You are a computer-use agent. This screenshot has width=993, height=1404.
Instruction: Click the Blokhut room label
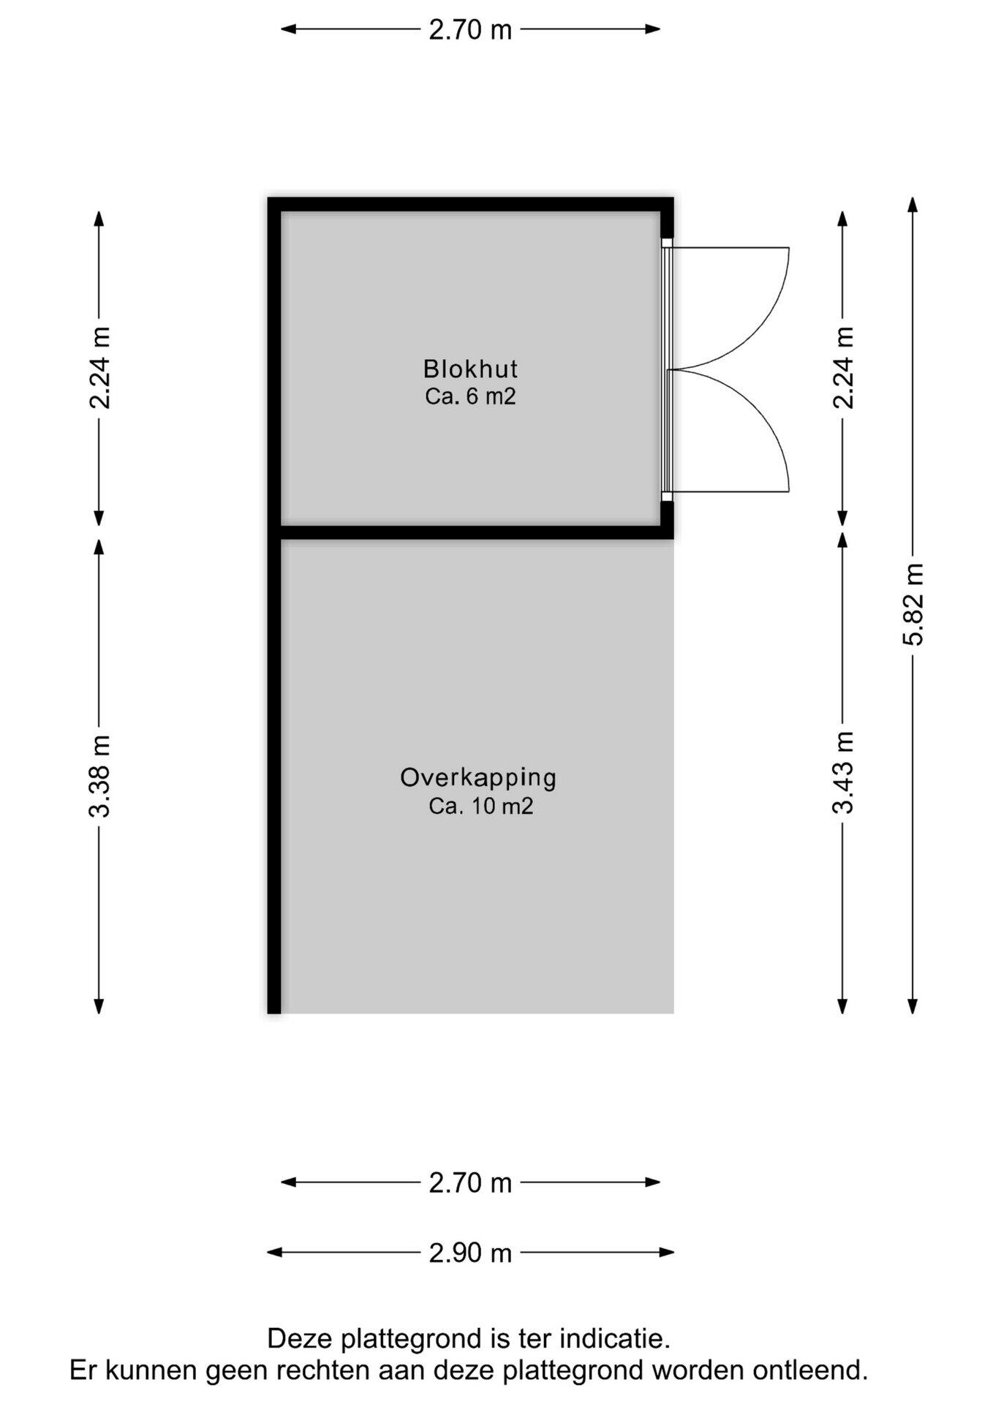(x=470, y=368)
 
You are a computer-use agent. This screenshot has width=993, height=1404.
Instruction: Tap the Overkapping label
(x=478, y=777)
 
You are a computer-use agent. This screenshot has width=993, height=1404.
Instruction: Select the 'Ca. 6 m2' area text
(x=470, y=396)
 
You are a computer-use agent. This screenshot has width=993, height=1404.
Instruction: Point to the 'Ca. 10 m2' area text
(x=480, y=806)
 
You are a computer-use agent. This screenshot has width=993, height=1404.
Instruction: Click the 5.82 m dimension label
(x=913, y=605)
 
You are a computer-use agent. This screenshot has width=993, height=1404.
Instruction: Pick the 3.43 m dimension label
(x=843, y=772)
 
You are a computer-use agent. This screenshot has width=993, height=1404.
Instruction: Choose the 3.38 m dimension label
(x=99, y=776)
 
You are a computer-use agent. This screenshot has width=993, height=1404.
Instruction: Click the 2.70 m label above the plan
(x=470, y=30)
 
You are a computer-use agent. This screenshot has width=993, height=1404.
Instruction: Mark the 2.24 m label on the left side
(x=99, y=368)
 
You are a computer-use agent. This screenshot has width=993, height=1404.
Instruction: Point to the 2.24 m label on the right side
(x=843, y=368)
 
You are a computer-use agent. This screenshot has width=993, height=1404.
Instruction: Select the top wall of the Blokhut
(x=470, y=205)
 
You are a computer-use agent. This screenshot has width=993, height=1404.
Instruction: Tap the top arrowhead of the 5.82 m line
(x=913, y=204)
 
